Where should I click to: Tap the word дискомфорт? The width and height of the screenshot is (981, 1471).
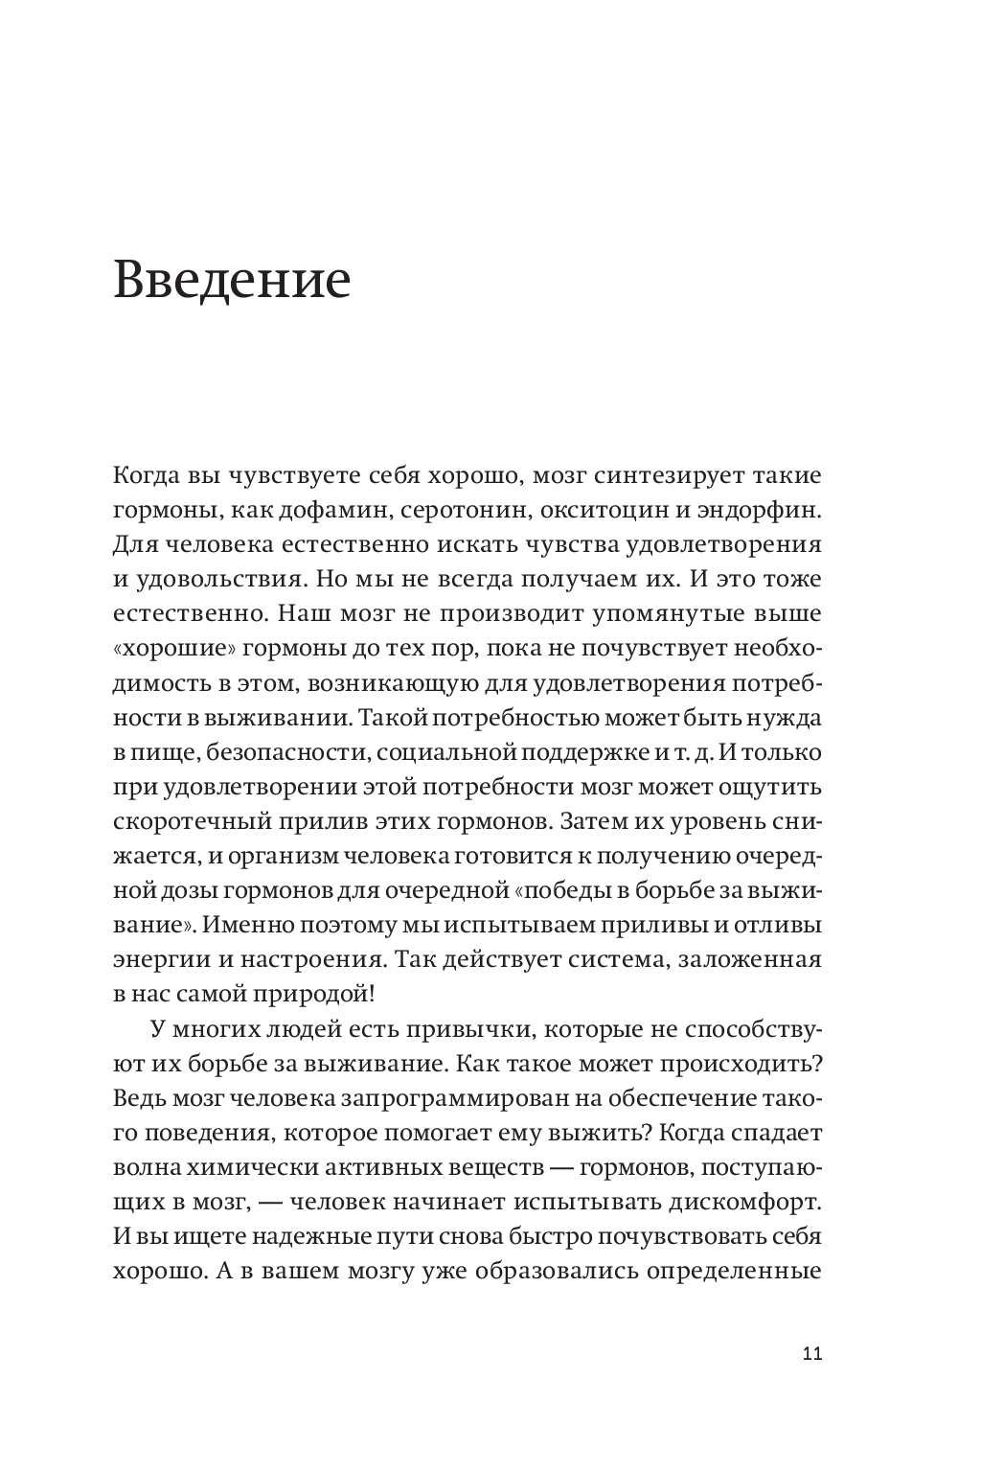[747, 1202]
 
